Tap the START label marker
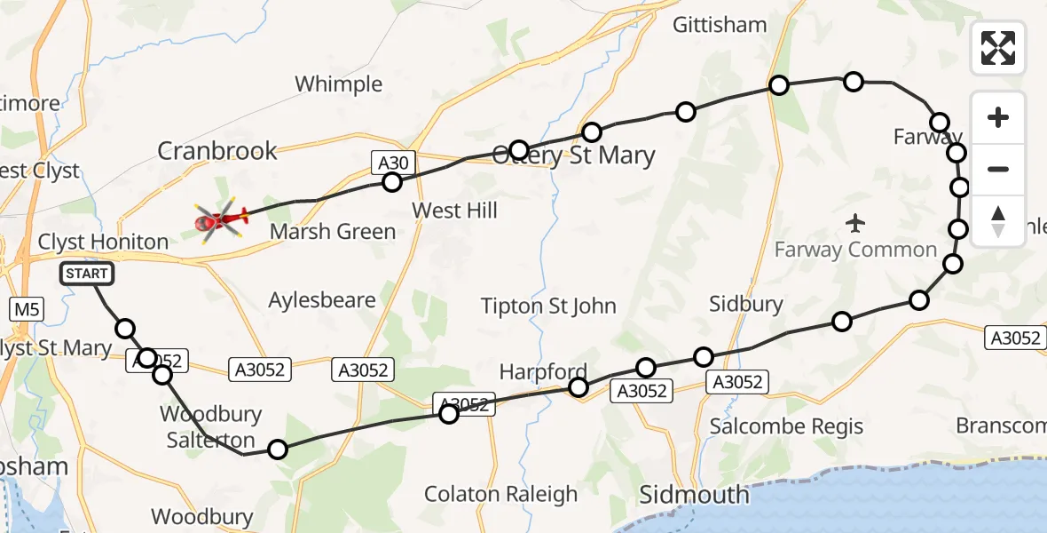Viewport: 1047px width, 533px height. [x=87, y=274]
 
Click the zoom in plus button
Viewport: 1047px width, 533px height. [x=998, y=117]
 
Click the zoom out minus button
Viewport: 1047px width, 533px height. [x=998, y=169]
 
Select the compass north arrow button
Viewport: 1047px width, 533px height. [x=998, y=221]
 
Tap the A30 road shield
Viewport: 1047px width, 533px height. [x=393, y=162]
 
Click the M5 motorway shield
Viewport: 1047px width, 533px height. [x=26, y=309]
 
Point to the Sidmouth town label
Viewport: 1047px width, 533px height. [x=694, y=494]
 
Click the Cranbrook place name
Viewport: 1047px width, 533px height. [x=217, y=151]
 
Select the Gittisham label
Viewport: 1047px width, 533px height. [x=720, y=25]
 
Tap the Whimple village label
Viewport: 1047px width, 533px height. [x=338, y=84]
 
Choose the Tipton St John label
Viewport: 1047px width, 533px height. [x=547, y=306]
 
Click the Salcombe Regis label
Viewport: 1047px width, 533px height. [x=786, y=426]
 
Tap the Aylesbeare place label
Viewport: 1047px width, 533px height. [x=322, y=300]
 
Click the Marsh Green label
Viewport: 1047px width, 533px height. [x=333, y=232]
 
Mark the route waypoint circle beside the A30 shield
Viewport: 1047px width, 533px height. [x=391, y=182]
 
